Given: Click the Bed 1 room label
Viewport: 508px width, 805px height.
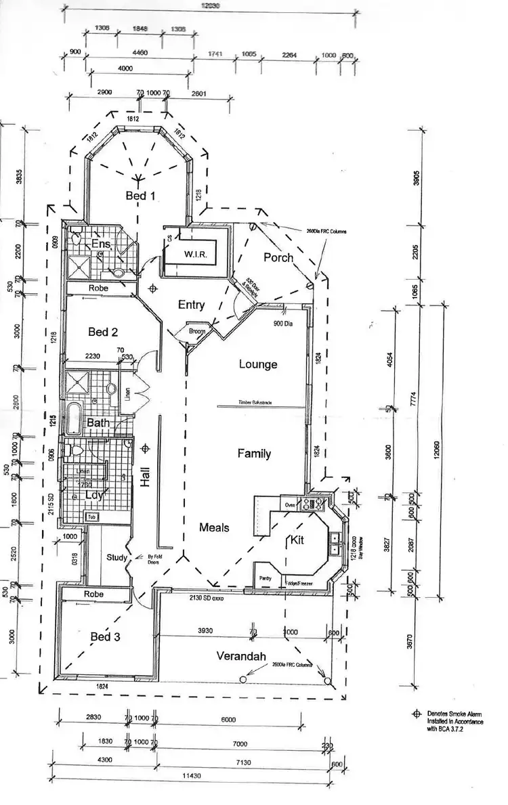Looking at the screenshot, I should pos(141,196).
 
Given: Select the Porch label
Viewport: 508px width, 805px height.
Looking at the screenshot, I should pos(278,257).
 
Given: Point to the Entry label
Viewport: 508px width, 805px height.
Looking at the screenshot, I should pos(191,305).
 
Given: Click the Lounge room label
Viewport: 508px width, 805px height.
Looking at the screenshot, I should pos(258,364).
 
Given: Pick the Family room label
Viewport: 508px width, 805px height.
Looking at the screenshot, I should pos(254,454).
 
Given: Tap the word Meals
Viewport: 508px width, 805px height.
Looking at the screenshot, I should pos(214,527).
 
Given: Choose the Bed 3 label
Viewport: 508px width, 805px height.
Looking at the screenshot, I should pos(106,636).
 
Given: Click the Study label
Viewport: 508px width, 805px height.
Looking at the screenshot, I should pos(117,558).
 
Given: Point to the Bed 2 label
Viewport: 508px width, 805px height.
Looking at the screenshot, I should pos(104,332).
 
